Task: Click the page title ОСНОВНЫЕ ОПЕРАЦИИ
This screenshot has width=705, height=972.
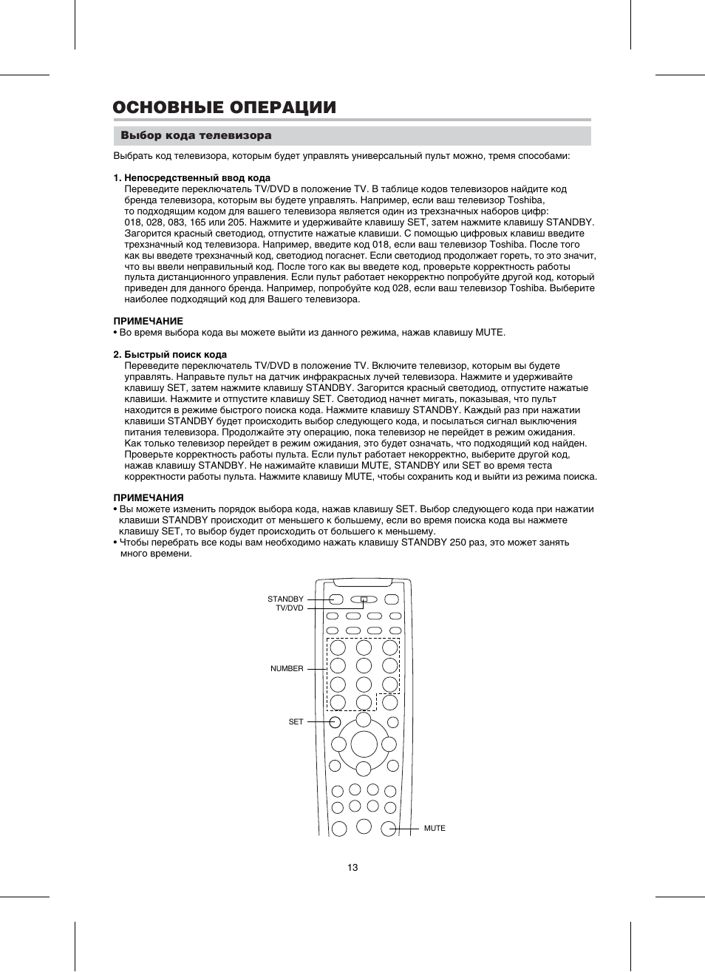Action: (225, 107)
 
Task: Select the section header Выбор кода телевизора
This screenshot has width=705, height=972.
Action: (196, 136)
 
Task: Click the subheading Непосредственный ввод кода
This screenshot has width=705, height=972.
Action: (197, 178)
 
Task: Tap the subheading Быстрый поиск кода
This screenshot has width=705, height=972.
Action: (175, 355)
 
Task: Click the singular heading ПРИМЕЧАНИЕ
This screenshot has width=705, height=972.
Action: (148, 322)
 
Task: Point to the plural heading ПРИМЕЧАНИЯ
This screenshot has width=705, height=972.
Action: (148, 498)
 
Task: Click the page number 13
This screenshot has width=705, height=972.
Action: (352, 867)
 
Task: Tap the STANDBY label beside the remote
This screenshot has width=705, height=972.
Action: (285, 599)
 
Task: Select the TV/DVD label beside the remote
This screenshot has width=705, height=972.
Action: (289, 608)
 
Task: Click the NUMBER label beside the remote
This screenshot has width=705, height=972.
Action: (287, 669)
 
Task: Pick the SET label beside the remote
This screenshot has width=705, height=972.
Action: (296, 721)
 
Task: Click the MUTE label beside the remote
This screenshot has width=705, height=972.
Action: (435, 829)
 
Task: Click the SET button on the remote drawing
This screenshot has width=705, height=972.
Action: (336, 722)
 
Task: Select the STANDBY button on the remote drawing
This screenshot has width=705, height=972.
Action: (336, 599)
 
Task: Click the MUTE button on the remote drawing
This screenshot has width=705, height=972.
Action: (390, 829)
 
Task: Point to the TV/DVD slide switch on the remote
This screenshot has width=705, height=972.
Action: (364, 599)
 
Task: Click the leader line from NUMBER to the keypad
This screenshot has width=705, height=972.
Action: (316, 669)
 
